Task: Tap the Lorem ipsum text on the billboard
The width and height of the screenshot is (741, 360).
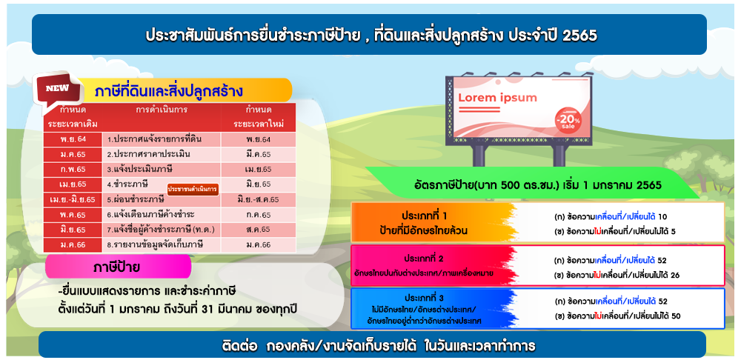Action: click(x=498, y=98)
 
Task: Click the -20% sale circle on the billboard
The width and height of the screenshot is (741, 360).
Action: click(x=568, y=120)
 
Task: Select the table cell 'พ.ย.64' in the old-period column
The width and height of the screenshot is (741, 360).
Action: click(x=73, y=140)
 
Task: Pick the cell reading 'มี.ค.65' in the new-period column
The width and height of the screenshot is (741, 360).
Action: click(x=258, y=155)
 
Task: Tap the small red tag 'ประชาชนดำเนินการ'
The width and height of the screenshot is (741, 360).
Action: click(x=193, y=190)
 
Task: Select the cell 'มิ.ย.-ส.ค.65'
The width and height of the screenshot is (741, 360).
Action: click(x=258, y=199)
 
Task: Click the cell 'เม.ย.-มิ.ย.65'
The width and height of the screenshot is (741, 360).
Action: click(x=73, y=199)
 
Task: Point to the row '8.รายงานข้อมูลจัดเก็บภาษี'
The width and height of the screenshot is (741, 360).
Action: click(x=155, y=244)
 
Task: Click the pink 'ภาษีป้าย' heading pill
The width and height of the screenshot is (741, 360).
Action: click(x=118, y=267)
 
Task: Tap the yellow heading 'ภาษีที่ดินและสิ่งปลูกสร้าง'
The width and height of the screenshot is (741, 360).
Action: click(x=169, y=90)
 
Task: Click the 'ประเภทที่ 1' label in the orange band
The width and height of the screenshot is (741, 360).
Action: click(x=425, y=216)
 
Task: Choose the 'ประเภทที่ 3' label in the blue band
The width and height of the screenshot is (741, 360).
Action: click(x=424, y=298)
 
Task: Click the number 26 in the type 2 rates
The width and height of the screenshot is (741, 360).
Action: click(x=675, y=275)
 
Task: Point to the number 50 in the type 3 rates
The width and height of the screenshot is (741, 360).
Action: click(x=675, y=316)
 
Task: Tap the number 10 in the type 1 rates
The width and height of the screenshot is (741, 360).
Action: click(x=662, y=217)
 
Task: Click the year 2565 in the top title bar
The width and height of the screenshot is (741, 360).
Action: click(x=580, y=36)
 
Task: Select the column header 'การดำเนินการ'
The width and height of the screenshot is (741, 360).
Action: click(x=161, y=110)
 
